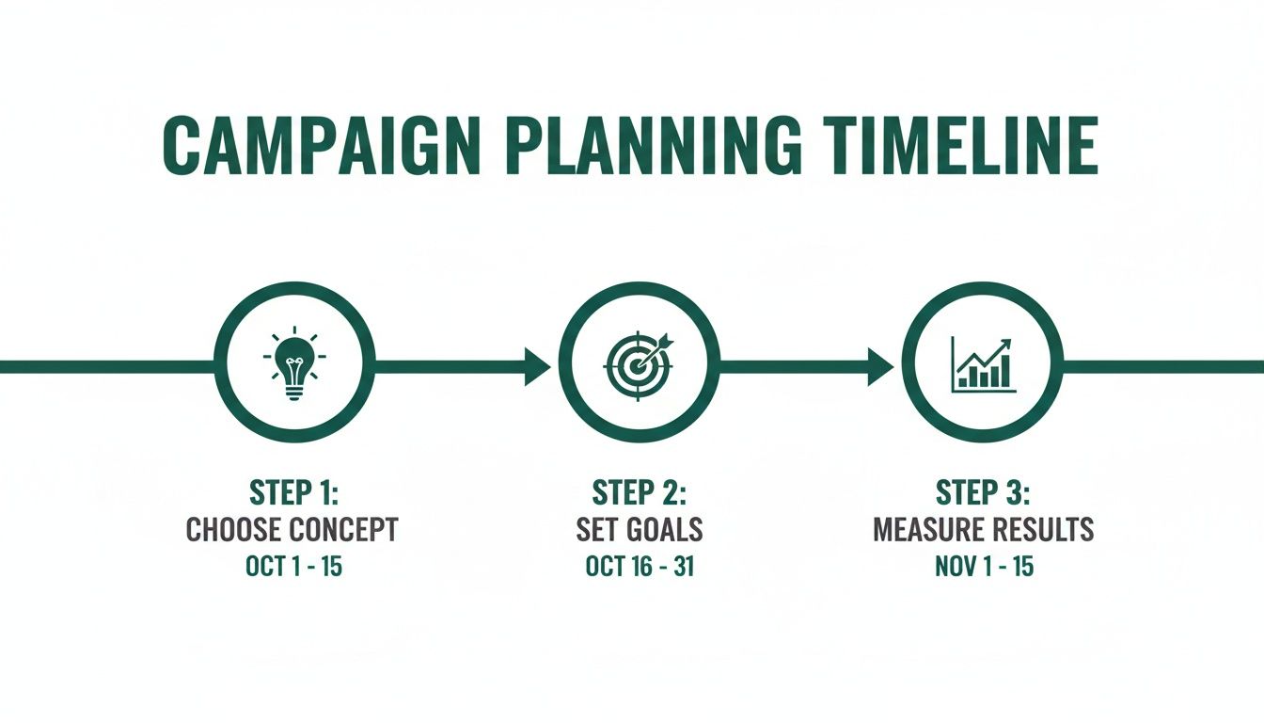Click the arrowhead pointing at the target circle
pyautogui.click(x=537, y=366)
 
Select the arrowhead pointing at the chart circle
pyautogui.click(x=880, y=366)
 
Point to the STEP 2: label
pyautogui.click(x=639, y=492)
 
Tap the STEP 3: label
pyautogui.click(x=983, y=492)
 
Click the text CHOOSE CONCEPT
pyautogui.click(x=292, y=530)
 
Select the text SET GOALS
pyautogui.click(x=639, y=530)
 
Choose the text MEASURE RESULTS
pyautogui.click(x=983, y=530)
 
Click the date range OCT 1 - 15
pyautogui.click(x=292, y=568)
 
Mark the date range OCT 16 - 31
pyautogui.click(x=639, y=568)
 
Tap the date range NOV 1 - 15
pyautogui.click(x=983, y=568)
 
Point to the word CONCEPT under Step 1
pyautogui.click(x=343, y=530)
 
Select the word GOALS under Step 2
pyautogui.click(x=662, y=530)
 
